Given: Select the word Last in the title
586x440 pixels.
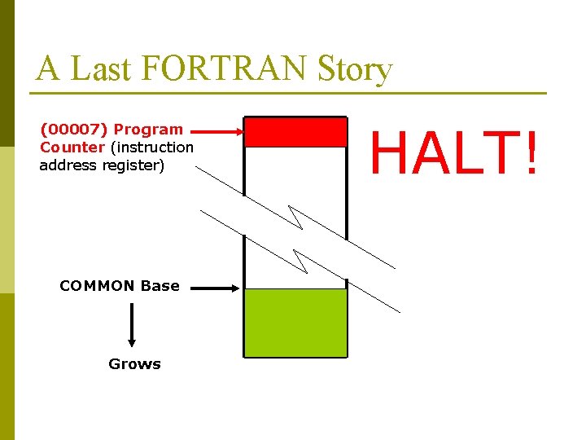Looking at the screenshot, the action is (x=102, y=69).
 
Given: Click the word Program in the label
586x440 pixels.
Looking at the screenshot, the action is (x=148, y=130).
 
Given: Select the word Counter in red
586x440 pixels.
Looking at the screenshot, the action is (x=72, y=147).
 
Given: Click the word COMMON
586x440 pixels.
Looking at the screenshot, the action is (x=97, y=286).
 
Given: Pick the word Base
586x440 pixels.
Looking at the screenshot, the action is (x=160, y=286).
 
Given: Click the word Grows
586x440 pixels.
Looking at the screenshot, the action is (x=134, y=364).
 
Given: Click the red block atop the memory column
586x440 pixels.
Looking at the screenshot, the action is (x=295, y=132).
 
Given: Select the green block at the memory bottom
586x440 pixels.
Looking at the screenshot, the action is (x=295, y=323).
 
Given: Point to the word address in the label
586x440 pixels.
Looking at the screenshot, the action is (x=68, y=165).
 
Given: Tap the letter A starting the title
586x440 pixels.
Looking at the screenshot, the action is (x=48, y=69).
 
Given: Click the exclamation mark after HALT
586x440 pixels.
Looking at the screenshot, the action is (x=531, y=152).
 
